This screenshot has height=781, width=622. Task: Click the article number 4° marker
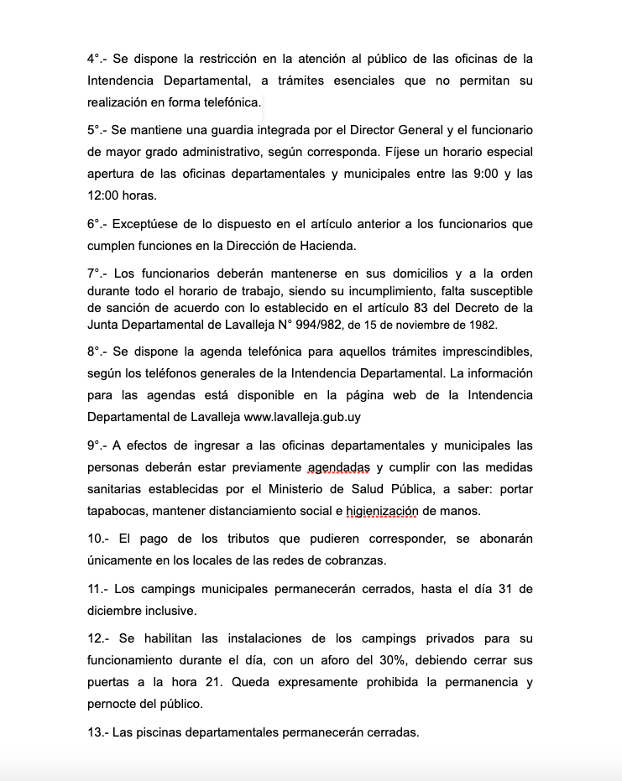[95, 59]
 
